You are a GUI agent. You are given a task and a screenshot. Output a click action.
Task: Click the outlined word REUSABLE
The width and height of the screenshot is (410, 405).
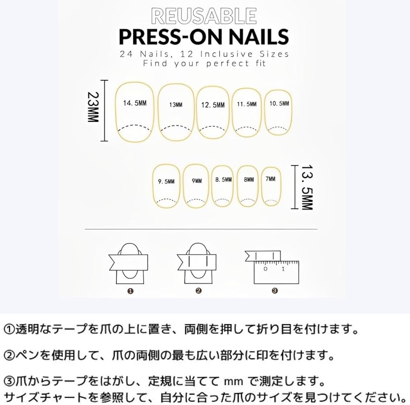click(204, 16)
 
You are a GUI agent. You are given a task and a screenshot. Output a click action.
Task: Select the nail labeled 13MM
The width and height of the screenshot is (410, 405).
click(176, 105)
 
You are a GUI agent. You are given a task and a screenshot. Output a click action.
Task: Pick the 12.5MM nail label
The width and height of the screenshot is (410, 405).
click(213, 105)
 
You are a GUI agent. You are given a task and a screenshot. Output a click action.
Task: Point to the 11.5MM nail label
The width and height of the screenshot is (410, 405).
click(247, 104)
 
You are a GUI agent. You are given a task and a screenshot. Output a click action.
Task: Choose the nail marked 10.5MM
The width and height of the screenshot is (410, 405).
click(279, 103)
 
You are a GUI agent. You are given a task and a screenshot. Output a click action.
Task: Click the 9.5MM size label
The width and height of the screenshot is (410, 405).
click(166, 181)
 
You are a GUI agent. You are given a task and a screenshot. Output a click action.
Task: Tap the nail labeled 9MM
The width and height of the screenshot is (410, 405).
click(196, 180)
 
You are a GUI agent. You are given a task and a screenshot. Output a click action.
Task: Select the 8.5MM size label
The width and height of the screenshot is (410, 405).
click(223, 179)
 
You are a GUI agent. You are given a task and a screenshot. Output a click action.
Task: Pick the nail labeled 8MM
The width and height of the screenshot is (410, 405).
click(249, 179)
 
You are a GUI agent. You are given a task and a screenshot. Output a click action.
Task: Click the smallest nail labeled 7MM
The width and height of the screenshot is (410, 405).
click(270, 178)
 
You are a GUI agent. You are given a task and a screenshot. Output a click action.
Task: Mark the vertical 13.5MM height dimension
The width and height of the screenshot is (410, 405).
click(307, 187)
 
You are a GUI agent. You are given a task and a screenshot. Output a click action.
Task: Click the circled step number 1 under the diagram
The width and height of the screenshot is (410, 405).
click(130, 290)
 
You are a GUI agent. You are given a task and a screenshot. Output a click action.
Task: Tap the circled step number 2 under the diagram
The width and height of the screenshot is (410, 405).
click(198, 290)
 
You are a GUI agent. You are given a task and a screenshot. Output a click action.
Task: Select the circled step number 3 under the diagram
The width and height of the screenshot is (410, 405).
click(274, 290)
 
